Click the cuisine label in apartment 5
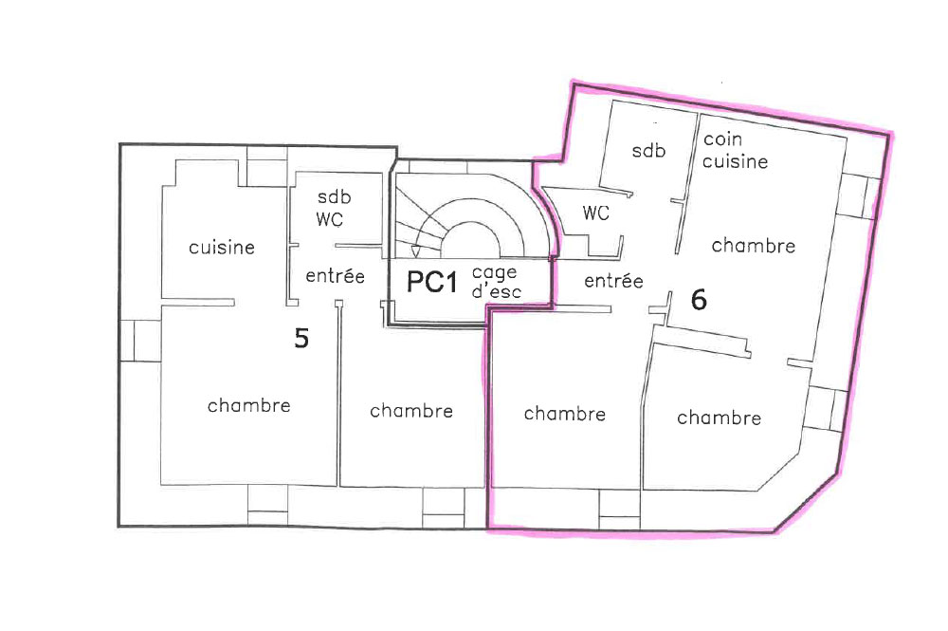click(x=222, y=247)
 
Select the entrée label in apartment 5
click(x=335, y=276)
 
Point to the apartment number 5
click(x=301, y=338)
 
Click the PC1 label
click(x=431, y=282)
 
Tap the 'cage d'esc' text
click(x=496, y=282)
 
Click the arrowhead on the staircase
click(x=415, y=251)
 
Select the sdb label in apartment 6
click(x=648, y=150)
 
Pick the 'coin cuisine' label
click(x=735, y=151)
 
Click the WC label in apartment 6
click(x=595, y=213)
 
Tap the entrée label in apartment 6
click(x=613, y=281)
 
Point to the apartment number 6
click(x=699, y=300)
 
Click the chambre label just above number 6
click(x=754, y=245)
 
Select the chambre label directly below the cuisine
click(x=249, y=405)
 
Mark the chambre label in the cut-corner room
click(x=719, y=418)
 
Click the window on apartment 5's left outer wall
click(x=140, y=341)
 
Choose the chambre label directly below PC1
click(x=411, y=411)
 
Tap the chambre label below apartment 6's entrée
click(x=565, y=413)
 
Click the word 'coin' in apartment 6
click(x=722, y=139)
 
